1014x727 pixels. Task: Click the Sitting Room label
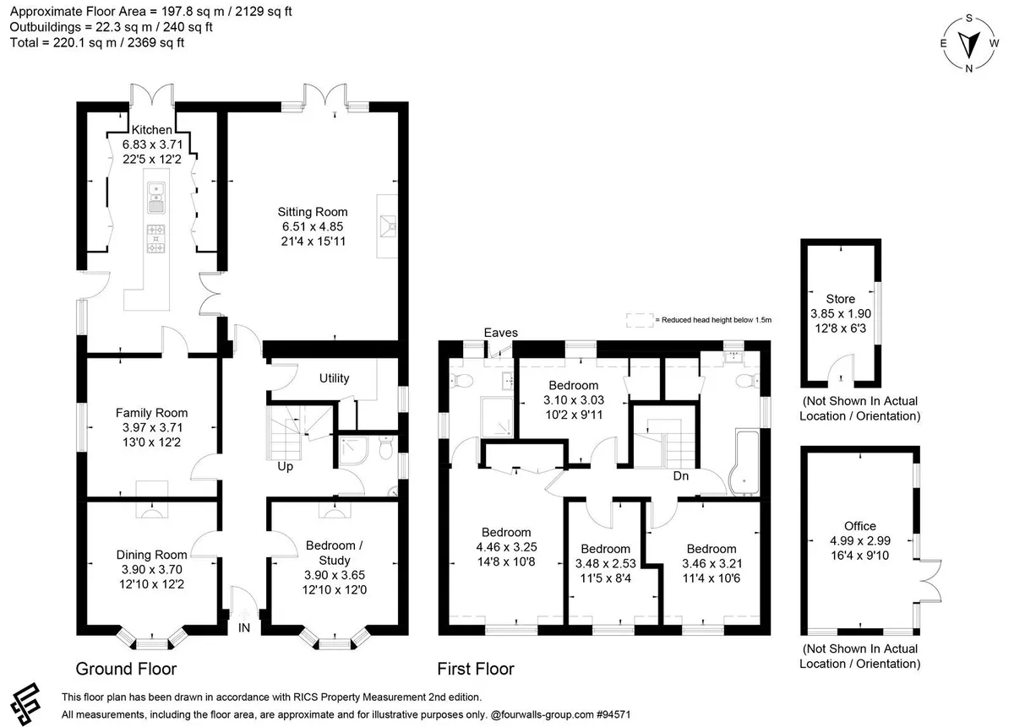(x=313, y=212)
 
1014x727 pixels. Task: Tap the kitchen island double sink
(x=156, y=198)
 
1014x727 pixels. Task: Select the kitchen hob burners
(x=155, y=238)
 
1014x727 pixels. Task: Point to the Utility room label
(x=334, y=378)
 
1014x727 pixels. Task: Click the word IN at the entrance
(x=244, y=627)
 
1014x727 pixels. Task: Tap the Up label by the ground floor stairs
(x=286, y=466)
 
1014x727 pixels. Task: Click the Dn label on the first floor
(x=681, y=475)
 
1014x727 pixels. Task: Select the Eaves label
(x=500, y=333)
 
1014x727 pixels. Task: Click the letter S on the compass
(x=969, y=18)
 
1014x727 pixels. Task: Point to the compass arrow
(x=969, y=44)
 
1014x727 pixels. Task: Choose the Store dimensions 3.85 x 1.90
(x=841, y=313)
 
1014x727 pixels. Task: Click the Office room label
(x=860, y=526)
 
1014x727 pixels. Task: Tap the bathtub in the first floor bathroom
(x=744, y=463)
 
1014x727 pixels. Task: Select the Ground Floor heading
(x=126, y=669)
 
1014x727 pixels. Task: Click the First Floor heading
(x=476, y=669)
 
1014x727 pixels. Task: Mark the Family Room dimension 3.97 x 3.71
(x=152, y=427)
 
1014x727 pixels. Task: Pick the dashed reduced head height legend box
(x=641, y=320)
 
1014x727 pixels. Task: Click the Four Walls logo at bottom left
(x=25, y=703)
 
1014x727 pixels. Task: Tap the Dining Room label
(x=151, y=555)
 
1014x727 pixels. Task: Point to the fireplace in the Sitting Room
(x=388, y=226)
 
